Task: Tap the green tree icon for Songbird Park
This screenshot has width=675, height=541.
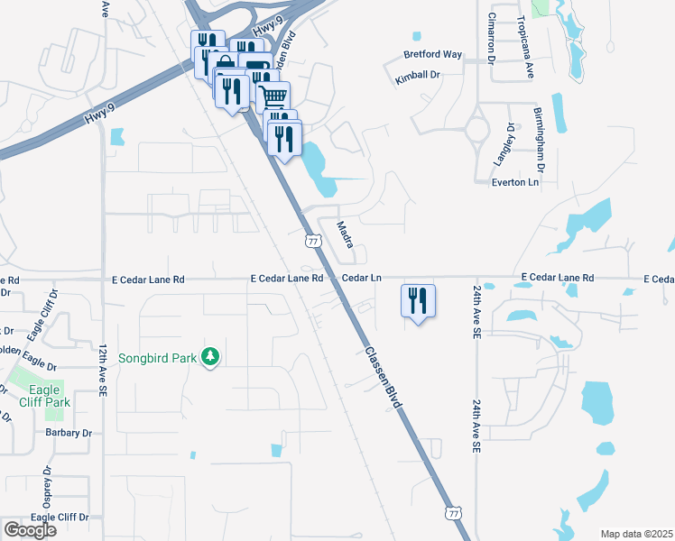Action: [210, 357]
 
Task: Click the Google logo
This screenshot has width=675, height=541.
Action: [29, 530]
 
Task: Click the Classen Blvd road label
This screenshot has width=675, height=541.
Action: [383, 378]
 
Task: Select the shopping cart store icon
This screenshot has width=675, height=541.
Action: [273, 95]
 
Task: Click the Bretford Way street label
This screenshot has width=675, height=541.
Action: [433, 55]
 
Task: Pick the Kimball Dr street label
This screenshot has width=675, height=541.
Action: [418, 79]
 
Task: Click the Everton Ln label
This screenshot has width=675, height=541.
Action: [515, 182]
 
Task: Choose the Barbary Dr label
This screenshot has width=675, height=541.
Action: [69, 433]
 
